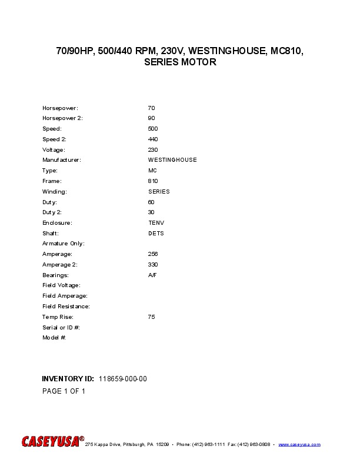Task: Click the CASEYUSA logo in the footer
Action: (x=53, y=442)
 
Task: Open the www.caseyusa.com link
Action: (x=299, y=444)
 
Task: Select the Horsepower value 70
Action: (x=151, y=108)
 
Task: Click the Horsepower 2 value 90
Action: (x=151, y=118)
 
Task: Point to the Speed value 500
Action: (x=153, y=129)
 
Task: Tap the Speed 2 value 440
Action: (x=153, y=139)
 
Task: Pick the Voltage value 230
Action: (x=153, y=150)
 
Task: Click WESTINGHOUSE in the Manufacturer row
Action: (x=172, y=160)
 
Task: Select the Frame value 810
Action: (x=153, y=181)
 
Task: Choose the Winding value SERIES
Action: (x=159, y=192)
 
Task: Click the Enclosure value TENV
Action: (x=156, y=223)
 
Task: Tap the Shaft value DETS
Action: (x=156, y=234)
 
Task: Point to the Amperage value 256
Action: (x=153, y=254)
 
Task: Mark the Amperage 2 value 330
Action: (x=153, y=265)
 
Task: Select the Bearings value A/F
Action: (x=152, y=275)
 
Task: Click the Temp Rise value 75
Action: (x=151, y=317)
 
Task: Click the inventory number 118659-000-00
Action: (x=123, y=379)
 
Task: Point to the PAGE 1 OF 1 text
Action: (x=64, y=391)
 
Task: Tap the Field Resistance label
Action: (x=66, y=307)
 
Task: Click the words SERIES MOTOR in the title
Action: (x=180, y=62)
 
